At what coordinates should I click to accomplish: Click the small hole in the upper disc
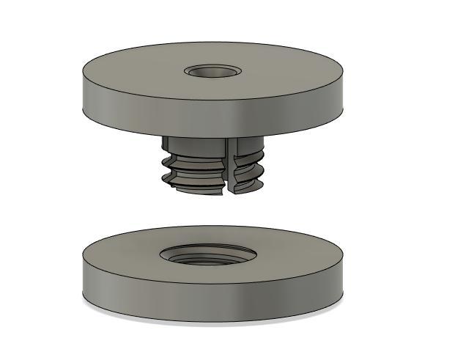213,72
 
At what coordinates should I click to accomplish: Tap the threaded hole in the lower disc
208,255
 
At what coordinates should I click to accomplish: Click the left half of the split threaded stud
194,169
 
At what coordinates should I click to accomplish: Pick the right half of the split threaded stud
248,169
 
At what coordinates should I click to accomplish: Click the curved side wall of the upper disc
212,110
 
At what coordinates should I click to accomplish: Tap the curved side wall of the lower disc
212,293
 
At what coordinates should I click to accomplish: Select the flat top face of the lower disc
293,253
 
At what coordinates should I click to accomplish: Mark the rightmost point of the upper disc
344,81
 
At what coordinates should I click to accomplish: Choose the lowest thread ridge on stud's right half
249,188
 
